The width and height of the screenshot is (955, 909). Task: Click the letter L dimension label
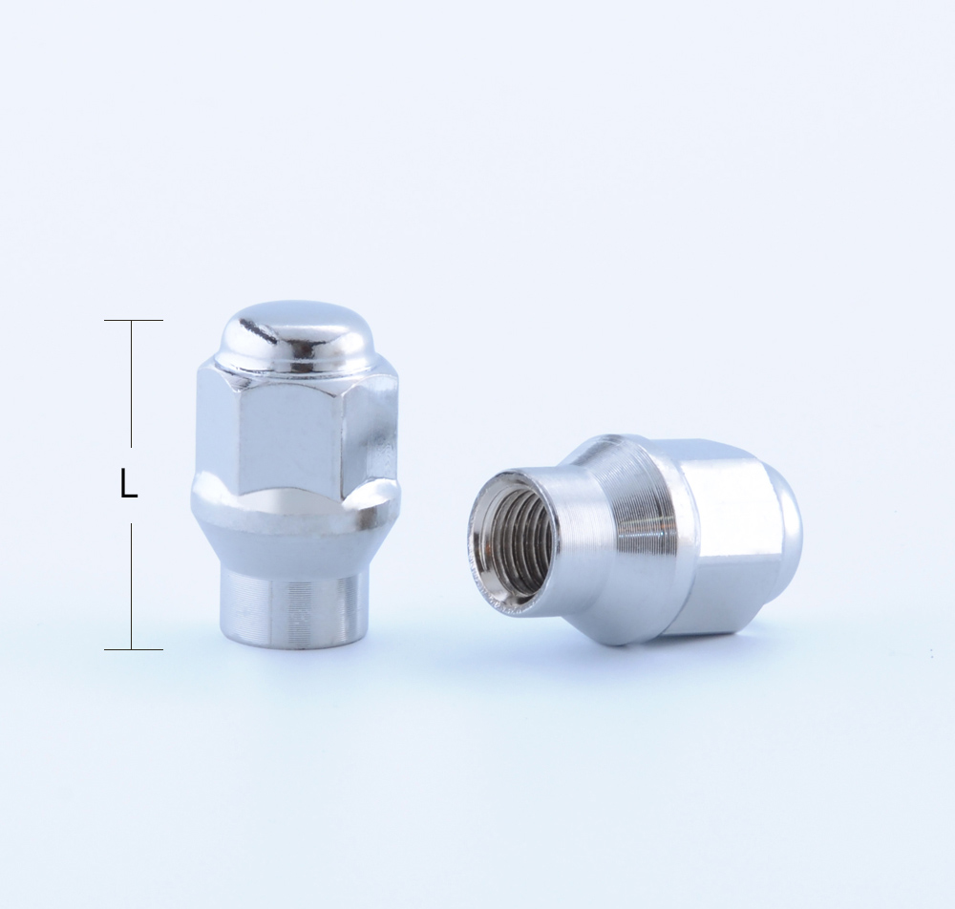(x=129, y=485)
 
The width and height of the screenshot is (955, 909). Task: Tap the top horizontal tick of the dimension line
(x=133, y=320)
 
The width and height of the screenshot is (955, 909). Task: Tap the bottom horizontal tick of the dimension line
(x=133, y=649)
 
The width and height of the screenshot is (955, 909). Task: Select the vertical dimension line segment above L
(x=132, y=382)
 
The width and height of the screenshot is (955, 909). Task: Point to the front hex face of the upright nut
(x=291, y=434)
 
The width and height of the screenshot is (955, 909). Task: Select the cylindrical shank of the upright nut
(x=291, y=602)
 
